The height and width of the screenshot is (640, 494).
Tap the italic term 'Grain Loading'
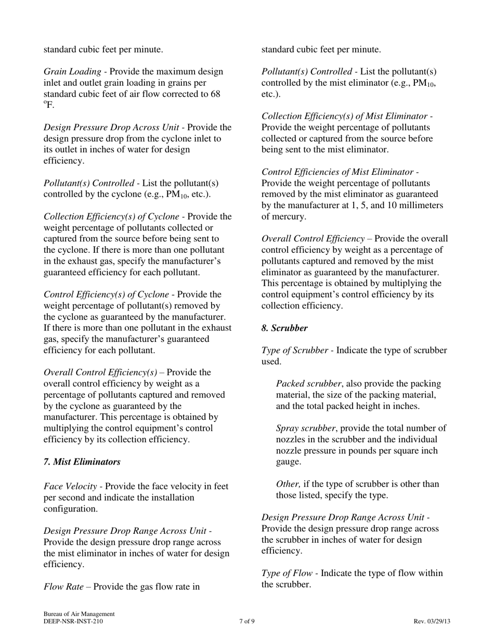tap(73, 72)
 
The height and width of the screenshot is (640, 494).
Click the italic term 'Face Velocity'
tap(70, 487)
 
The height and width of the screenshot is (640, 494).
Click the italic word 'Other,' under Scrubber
tap(289, 484)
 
